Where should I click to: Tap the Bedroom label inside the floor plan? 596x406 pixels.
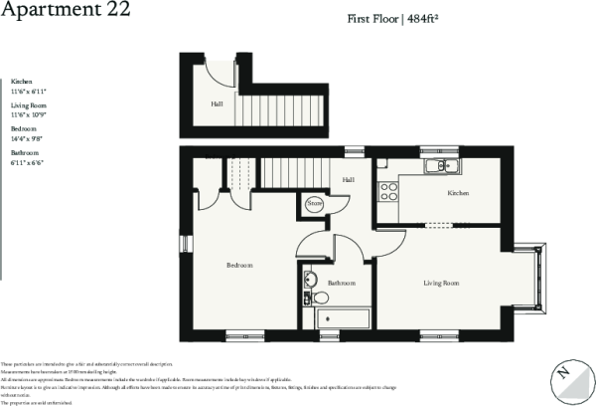(239, 266)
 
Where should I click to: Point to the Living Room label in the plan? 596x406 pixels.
(441, 284)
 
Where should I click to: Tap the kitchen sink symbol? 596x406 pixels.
(438, 165)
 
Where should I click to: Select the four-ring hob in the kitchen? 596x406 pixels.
(385, 190)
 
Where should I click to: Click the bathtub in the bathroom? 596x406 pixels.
(342, 318)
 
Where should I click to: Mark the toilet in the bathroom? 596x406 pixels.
(320, 298)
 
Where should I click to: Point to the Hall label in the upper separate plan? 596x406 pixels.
(217, 103)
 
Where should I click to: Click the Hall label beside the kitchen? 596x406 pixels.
(348, 180)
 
